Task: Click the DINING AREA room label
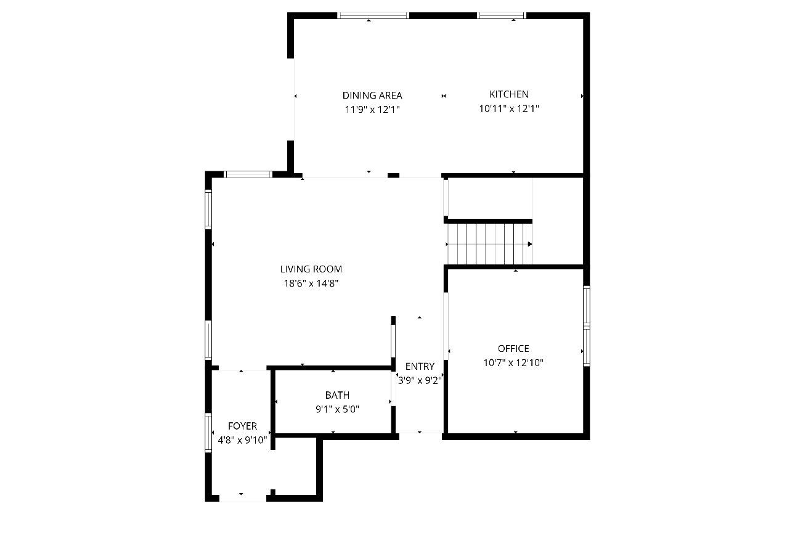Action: point(372,96)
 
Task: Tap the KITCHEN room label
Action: point(509,94)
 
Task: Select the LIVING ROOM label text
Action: point(311,269)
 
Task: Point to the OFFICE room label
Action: point(513,349)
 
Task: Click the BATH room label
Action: point(337,396)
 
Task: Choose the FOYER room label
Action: point(242,426)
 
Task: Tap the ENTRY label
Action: point(420,367)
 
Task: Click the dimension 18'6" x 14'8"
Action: point(311,284)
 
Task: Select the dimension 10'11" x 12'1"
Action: point(509,108)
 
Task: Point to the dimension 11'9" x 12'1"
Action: point(372,110)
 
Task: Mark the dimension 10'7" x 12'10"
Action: point(513,363)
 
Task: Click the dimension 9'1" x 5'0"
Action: point(337,410)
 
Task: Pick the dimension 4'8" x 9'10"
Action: point(242,441)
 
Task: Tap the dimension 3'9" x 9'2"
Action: point(420,381)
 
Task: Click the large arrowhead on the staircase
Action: point(530,244)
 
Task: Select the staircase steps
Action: point(490,244)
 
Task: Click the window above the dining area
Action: point(373,15)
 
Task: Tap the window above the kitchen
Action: point(502,15)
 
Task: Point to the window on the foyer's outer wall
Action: point(208,433)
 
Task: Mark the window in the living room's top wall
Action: point(248,174)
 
